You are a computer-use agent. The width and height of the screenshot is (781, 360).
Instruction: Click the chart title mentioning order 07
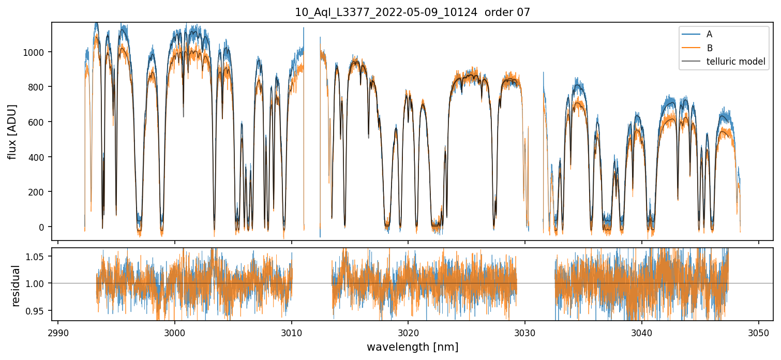coord(412,12)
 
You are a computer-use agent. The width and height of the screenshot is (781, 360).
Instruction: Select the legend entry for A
coord(709,34)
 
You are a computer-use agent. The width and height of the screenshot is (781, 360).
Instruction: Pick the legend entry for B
coord(709,48)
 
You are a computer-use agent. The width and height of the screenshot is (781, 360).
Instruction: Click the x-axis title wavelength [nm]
coord(412,347)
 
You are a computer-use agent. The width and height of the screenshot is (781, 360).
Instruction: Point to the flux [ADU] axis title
coord(12,131)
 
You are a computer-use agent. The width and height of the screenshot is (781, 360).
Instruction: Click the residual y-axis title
coord(16,286)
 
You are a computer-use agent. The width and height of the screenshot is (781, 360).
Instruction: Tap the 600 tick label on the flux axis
coord(40,122)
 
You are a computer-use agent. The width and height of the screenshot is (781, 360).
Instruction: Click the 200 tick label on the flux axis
coord(40,192)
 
